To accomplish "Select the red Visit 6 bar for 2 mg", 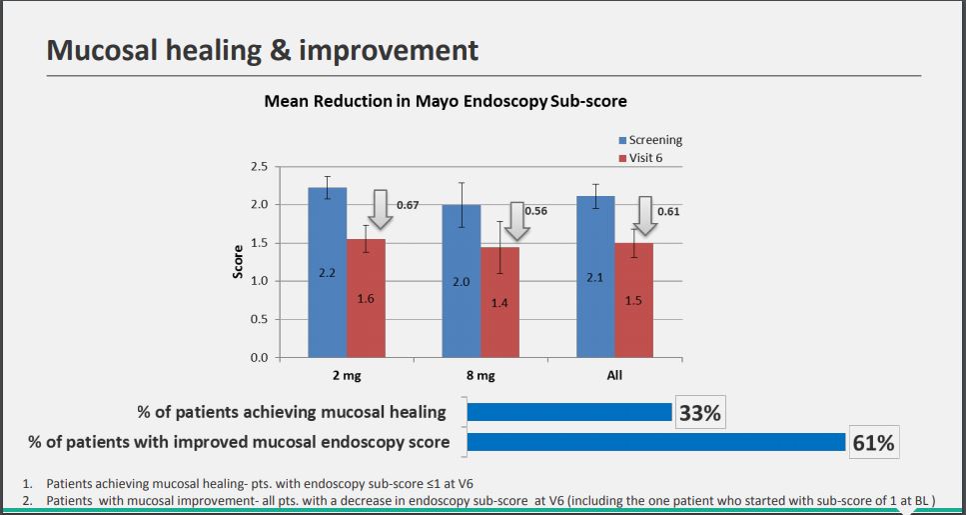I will coord(366,298).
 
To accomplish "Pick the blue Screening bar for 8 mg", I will coord(461,281).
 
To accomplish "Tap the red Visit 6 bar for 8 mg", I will coord(499,302).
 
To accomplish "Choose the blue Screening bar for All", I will coord(595,276).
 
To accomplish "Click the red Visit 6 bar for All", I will coord(633,300).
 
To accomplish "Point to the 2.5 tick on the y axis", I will coord(259,166).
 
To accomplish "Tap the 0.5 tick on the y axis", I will coord(259,319).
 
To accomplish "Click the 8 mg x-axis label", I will coord(481,375).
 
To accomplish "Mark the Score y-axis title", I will coord(238,262).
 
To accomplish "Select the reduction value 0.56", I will coord(535,212).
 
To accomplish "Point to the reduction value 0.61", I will coord(668,212).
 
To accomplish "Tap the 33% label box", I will coord(699,413).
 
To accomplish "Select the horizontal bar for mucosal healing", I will coord(569,412).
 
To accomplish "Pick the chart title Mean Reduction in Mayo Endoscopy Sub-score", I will coord(445,101).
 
